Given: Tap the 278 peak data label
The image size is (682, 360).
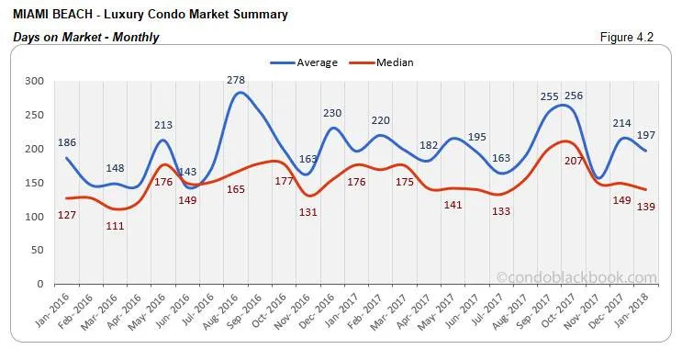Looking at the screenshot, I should click(237, 81).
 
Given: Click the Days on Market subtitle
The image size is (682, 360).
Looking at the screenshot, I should click(87, 38).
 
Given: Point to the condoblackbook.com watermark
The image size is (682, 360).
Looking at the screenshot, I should click(576, 277).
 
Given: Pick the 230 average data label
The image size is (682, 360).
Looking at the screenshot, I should click(332, 113).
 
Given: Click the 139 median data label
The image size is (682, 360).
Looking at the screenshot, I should click(645, 208).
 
